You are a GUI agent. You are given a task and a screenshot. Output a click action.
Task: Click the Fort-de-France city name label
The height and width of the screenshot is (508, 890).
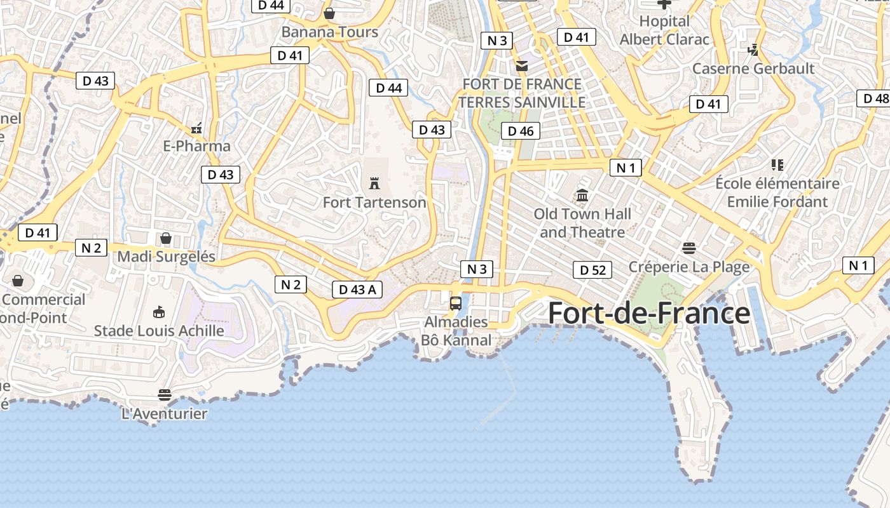coord(648,314)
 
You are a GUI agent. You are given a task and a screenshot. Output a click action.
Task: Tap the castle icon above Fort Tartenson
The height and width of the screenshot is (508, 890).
coord(374,184)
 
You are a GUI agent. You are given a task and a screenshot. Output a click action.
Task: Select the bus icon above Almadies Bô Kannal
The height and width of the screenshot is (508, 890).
coord(456,304)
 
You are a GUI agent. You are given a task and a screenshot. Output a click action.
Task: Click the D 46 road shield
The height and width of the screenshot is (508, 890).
coord(521,131)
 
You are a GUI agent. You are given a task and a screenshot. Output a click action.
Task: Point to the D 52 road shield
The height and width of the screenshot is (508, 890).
coord(592,270)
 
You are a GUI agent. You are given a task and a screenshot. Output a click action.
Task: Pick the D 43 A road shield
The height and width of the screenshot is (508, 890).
coord(357,290)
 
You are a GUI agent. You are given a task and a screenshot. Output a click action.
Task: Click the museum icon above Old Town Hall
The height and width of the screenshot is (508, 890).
coord(582,195)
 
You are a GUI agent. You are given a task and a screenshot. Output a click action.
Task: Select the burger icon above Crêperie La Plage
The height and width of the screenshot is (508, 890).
coord(689,248)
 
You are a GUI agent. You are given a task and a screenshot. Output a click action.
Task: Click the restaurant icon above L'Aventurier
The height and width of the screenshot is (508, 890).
coord(165,395)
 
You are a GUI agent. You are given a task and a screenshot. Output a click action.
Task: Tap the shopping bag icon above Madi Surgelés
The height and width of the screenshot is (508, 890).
coord(166,238)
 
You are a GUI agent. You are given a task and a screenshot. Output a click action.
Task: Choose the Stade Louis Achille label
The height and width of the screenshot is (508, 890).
coord(159,331)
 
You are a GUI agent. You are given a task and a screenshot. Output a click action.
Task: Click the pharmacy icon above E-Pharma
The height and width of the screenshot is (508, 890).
coord(196,128)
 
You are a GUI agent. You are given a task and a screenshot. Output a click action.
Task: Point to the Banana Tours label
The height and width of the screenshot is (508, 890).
coord(329,32)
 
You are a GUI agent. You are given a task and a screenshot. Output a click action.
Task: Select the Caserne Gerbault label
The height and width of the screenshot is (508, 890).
coord(753,69)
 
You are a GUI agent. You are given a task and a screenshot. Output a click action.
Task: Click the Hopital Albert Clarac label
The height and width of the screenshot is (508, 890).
coord(664,30)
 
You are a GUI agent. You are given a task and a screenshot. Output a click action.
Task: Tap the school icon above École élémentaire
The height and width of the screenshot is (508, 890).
coord(777,165)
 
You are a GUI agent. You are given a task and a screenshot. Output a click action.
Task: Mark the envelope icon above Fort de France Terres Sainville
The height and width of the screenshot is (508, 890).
coord(522,65)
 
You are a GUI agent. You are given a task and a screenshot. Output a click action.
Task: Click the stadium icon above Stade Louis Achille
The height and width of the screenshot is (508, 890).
coord(159,312)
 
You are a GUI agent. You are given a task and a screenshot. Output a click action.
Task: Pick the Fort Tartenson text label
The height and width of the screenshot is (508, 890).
coord(374,203)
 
